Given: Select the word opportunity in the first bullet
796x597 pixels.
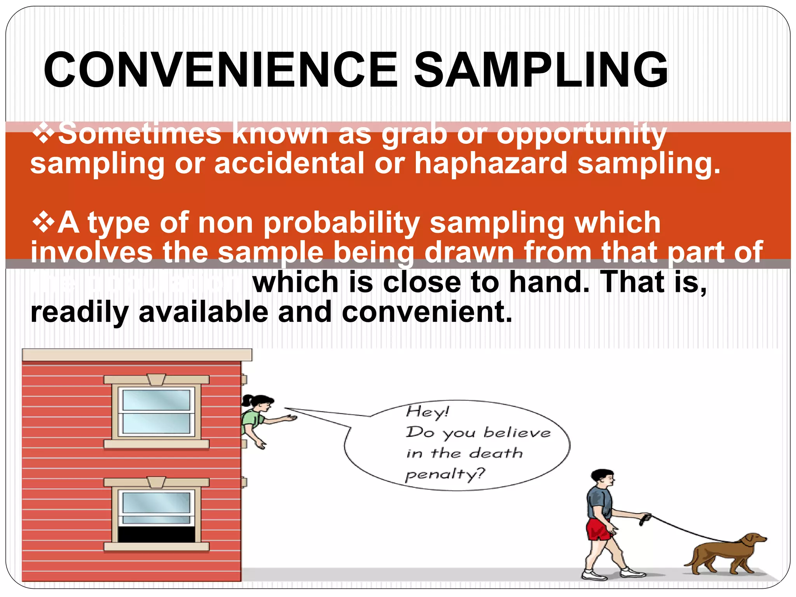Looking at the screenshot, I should [x=581, y=134].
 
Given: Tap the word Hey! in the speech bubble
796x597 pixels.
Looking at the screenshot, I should [x=427, y=412].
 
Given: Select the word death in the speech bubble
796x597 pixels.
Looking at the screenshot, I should [x=496, y=453].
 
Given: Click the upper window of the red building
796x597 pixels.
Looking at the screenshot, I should [x=156, y=411].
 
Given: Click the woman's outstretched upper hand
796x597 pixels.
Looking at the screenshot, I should [x=290, y=418].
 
